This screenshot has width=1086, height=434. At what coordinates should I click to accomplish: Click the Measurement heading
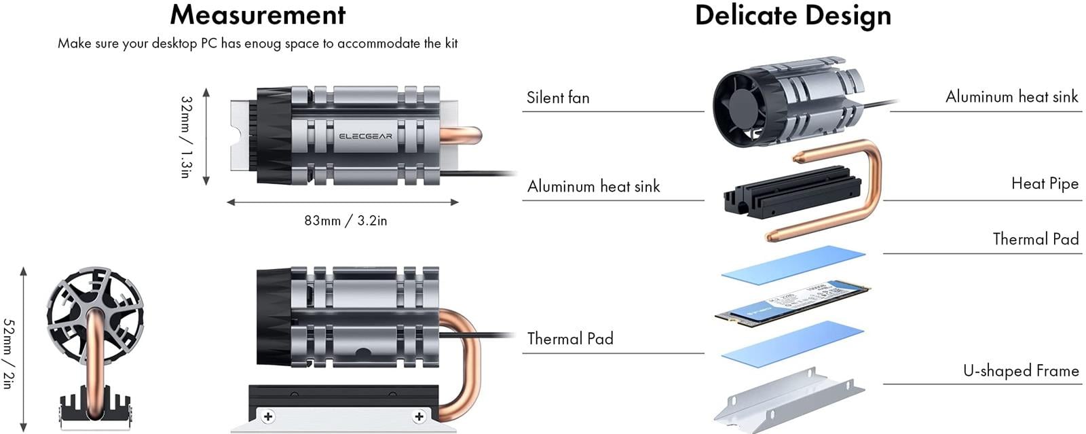click(257, 15)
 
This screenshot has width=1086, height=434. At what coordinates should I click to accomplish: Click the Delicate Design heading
click(793, 16)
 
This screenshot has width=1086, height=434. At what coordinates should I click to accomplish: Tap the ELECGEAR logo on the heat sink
click(365, 136)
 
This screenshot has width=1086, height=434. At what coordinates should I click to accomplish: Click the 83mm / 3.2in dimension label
click(345, 221)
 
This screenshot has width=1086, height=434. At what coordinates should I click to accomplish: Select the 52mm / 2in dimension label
click(8, 353)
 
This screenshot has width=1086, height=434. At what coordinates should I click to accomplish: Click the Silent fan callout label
click(558, 98)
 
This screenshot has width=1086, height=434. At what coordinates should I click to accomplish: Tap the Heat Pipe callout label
click(1045, 183)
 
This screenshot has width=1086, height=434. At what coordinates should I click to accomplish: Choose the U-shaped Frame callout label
click(1020, 371)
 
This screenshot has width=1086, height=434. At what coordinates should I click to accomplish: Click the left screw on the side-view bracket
click(268, 416)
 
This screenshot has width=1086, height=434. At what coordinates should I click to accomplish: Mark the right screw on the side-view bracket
click(419, 416)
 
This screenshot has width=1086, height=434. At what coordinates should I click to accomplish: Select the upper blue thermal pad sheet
click(793, 265)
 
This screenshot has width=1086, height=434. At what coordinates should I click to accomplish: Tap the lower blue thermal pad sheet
click(792, 342)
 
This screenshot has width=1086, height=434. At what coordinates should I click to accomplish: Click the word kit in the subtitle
click(451, 43)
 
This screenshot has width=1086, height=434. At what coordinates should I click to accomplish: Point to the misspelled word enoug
click(263, 44)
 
